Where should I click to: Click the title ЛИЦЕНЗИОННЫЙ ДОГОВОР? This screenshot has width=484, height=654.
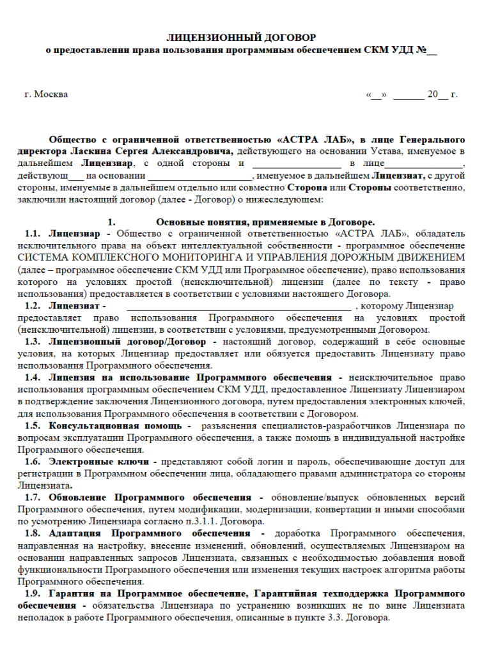(242, 38)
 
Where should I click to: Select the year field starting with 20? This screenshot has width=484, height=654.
(437, 95)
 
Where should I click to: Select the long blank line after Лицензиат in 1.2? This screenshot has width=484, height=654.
(239, 306)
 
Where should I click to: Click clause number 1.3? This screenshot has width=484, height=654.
(33, 342)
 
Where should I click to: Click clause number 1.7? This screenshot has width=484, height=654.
(33, 497)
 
